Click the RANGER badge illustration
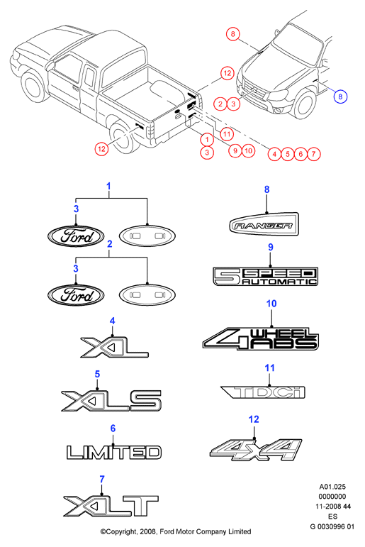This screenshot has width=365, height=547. (264, 224)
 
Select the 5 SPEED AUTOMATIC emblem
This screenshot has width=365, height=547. (265, 276)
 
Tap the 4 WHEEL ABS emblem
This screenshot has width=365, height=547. (260, 338)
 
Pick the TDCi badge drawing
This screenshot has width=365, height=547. (263, 392)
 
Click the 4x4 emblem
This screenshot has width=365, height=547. (256, 450)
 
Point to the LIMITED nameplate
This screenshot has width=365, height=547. (113, 453)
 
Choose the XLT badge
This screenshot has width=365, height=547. (111, 505)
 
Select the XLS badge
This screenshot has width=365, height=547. (111, 400)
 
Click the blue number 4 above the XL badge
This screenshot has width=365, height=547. (112, 321)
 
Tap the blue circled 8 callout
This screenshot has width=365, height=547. (340, 96)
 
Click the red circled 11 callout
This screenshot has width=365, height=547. (227, 134)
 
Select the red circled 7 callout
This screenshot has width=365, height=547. (313, 154)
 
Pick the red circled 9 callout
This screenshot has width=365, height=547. (235, 150)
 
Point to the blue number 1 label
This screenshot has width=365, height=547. (108, 187)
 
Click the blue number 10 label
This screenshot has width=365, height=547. (271, 304)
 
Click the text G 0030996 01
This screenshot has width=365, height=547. (332, 526)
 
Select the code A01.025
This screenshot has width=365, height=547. (332, 487)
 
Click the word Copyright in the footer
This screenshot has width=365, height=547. (120, 532)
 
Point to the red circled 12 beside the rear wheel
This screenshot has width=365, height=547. (101, 149)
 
